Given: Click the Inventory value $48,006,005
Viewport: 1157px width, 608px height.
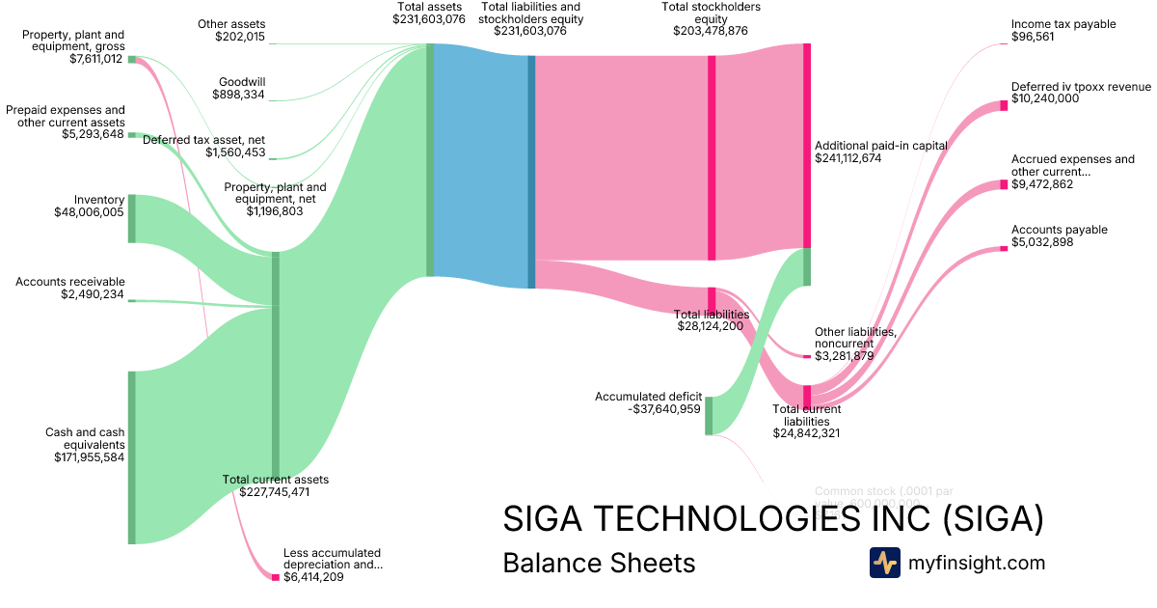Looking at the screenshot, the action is click(x=89, y=211).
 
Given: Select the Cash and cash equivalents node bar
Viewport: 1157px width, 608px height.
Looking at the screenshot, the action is click(x=132, y=457).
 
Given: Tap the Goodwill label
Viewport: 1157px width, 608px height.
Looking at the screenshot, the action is click(x=242, y=83).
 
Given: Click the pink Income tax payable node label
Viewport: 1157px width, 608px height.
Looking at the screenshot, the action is click(x=1063, y=24).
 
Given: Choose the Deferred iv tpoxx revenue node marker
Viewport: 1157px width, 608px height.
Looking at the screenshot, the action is click(x=1004, y=105).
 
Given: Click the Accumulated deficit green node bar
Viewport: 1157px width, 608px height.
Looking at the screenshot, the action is click(x=709, y=415).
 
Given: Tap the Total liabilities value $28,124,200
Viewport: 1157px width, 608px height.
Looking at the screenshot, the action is click(x=711, y=327).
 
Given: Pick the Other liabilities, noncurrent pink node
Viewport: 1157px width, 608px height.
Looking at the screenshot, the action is click(x=807, y=357).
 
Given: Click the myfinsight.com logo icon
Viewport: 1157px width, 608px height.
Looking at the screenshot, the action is click(x=884, y=563).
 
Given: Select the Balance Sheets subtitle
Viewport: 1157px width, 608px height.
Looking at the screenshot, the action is click(x=599, y=563).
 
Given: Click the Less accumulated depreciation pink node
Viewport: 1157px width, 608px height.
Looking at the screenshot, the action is click(x=275, y=577).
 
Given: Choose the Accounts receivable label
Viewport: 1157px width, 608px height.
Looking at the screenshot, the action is click(x=70, y=282).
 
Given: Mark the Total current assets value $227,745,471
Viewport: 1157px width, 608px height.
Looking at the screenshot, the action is click(x=275, y=492).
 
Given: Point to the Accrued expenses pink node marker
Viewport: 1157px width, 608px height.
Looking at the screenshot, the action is click(x=1004, y=184).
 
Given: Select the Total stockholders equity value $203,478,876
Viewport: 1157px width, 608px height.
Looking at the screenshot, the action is click(x=711, y=31).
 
